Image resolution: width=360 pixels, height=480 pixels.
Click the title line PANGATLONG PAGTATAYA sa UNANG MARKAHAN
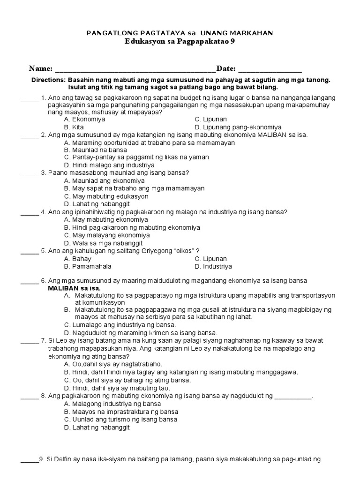tap(180, 33)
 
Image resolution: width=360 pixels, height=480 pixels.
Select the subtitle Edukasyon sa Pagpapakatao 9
tap(180, 41)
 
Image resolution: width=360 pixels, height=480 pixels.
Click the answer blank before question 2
tap(30, 135)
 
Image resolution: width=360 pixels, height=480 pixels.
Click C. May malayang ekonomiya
tap(107, 235)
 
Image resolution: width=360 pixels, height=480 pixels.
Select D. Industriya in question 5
tap(213, 266)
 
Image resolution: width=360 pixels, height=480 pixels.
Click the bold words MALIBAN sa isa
tap(74, 288)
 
